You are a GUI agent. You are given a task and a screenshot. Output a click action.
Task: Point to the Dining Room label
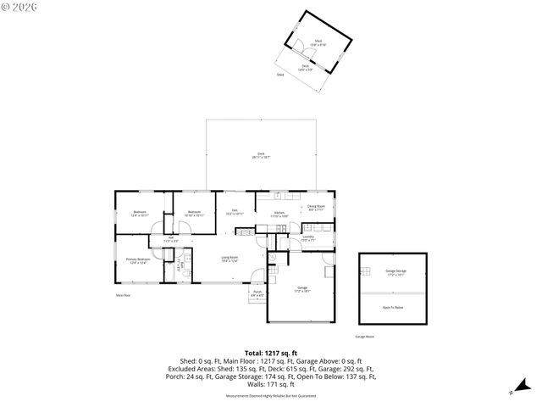coord(317,208)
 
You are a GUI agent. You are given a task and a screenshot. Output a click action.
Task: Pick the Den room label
coord(235,212)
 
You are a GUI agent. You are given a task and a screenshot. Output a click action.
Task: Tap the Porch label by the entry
coord(257,293)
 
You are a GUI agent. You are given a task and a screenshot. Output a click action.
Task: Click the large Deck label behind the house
coord(262,155)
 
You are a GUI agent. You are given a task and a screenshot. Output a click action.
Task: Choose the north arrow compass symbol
coord(511,391)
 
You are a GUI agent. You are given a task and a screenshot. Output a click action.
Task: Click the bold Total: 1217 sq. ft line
coord(270,352)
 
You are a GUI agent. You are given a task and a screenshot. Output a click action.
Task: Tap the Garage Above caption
coord(365,337)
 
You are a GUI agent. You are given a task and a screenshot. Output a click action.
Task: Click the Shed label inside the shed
coord(318,41)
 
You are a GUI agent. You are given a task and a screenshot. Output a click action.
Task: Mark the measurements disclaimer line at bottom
coord(270,395)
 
